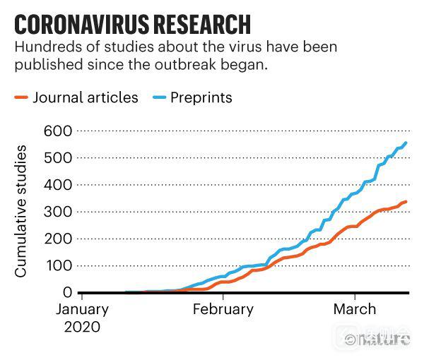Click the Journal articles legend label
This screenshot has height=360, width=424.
pyautogui.click(x=86, y=97)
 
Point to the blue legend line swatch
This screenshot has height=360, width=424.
pyautogui.click(x=158, y=97)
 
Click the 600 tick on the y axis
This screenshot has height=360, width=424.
pyautogui.click(x=59, y=131)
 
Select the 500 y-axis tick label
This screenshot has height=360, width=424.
pyautogui.click(x=59, y=157)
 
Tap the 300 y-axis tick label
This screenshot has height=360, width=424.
pyautogui.click(x=59, y=212)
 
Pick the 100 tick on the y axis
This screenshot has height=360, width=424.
pyautogui.click(x=59, y=265)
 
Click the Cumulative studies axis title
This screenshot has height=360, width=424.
pyautogui.click(x=21, y=212)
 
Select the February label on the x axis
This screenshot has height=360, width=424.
pyautogui.click(x=223, y=309)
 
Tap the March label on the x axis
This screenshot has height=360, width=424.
pyautogui.click(x=355, y=309)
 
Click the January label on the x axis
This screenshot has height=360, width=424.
pyautogui.click(x=83, y=309)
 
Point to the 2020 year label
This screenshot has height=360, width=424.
pyautogui.click(x=82, y=327)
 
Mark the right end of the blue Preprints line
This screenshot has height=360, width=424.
pyautogui.click(x=406, y=143)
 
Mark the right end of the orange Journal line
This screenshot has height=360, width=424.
pyautogui.click(x=406, y=202)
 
